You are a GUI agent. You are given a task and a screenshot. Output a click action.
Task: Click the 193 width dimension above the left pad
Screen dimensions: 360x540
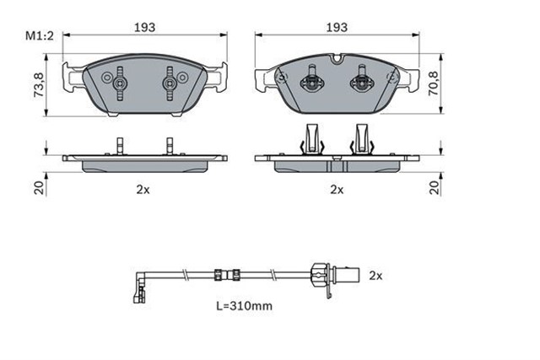click(x=145, y=27)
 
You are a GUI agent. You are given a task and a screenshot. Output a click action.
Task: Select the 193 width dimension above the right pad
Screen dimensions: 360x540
click(x=337, y=27)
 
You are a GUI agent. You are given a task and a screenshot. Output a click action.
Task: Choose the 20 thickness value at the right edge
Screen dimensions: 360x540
click(x=435, y=187)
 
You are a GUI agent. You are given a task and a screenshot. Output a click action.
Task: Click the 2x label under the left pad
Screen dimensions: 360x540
click(x=143, y=190)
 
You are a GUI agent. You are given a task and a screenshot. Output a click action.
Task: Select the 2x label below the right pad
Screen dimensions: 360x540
click(x=337, y=190)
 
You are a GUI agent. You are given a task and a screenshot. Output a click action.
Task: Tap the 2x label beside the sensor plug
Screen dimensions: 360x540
click(x=375, y=275)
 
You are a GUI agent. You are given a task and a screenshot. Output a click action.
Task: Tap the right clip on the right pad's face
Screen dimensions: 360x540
click(x=363, y=82)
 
